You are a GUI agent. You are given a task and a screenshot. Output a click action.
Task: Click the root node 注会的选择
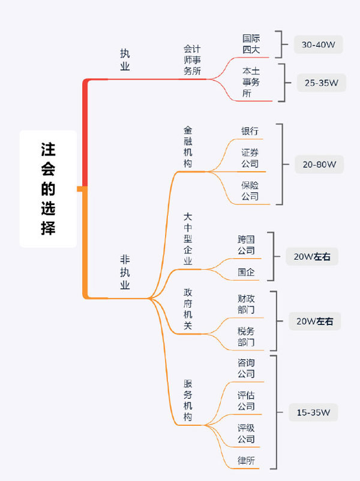[x=48, y=188]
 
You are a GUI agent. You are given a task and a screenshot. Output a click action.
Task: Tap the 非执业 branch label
[x=125, y=272]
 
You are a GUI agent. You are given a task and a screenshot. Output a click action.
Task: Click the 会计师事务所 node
[x=192, y=59]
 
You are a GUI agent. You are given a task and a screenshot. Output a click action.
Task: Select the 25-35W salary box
[x=321, y=82]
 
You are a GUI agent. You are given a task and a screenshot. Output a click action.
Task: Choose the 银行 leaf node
[x=250, y=131]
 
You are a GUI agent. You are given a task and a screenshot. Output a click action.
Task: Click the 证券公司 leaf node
[x=250, y=158]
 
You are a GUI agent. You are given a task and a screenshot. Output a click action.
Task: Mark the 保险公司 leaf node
[x=250, y=190]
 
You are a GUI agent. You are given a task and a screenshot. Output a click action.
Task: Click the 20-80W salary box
[x=319, y=164]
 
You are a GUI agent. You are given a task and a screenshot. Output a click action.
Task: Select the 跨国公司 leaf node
[x=246, y=245]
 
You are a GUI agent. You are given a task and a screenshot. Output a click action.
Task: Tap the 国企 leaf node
[x=246, y=272]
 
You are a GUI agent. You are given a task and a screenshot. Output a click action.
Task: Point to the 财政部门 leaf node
[x=246, y=303]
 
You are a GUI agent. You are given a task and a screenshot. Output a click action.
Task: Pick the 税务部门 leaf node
[x=246, y=336]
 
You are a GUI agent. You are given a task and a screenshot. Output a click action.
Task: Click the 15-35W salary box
[x=317, y=412]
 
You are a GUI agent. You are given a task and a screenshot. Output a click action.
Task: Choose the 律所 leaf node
[x=246, y=460]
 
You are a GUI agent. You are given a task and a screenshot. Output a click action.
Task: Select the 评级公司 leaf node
[x=246, y=433]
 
